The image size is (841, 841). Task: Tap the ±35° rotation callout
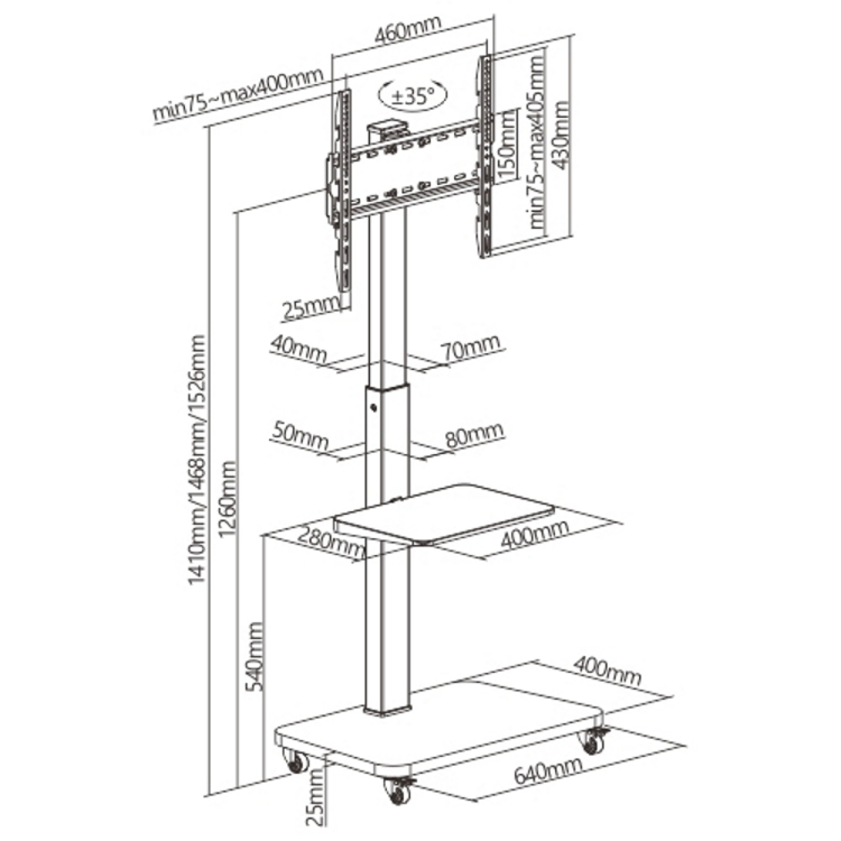coord(413,97)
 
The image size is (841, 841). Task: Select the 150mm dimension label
coord(507,144)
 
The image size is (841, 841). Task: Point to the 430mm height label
coord(561,135)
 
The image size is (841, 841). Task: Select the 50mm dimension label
coord(299,437)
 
